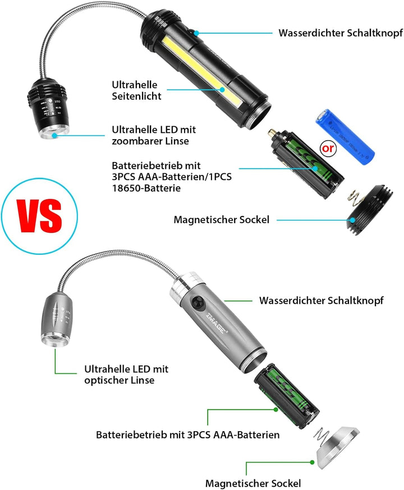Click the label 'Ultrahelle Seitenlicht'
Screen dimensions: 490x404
click(136, 90)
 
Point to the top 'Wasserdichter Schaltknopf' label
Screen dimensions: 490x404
click(341, 33)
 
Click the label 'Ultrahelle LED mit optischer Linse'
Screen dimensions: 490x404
click(126, 375)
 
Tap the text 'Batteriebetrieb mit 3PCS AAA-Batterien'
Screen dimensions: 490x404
click(188, 434)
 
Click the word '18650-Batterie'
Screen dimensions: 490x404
click(146, 188)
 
